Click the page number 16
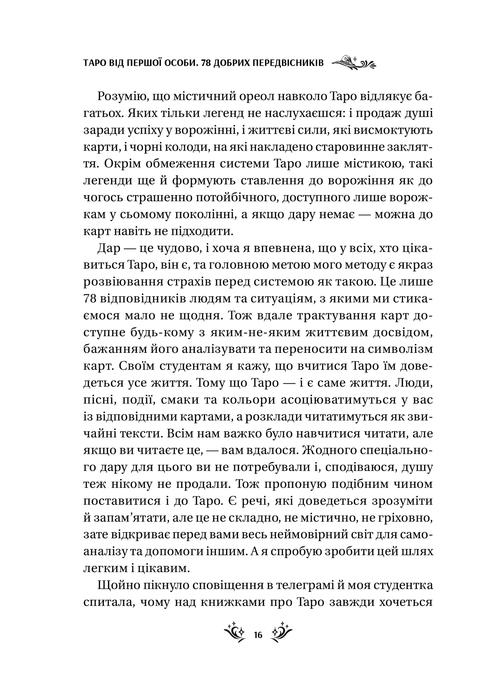(x=258, y=635)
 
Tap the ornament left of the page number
(x=236, y=633)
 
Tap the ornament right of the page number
(x=281, y=633)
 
